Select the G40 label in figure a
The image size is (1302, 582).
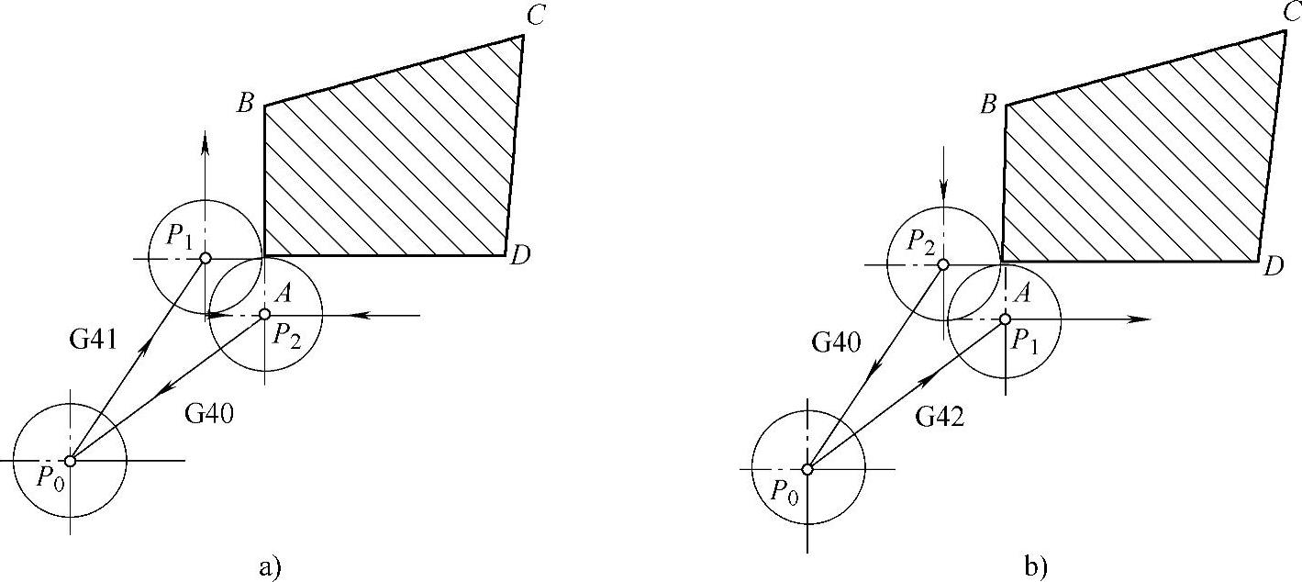click(x=210, y=414)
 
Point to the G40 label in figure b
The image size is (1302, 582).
click(x=836, y=343)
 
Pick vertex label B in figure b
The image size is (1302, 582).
click(x=988, y=104)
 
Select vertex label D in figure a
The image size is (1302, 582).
click(x=520, y=257)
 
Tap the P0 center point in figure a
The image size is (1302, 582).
click(x=70, y=460)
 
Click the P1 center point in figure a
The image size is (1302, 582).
click(x=206, y=258)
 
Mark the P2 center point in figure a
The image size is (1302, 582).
click(x=264, y=315)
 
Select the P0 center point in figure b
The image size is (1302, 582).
click(x=807, y=469)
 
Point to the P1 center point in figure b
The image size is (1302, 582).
click(x=1005, y=319)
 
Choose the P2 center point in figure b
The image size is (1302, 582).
click(x=942, y=264)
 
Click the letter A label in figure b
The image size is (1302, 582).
click(x=1025, y=294)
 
